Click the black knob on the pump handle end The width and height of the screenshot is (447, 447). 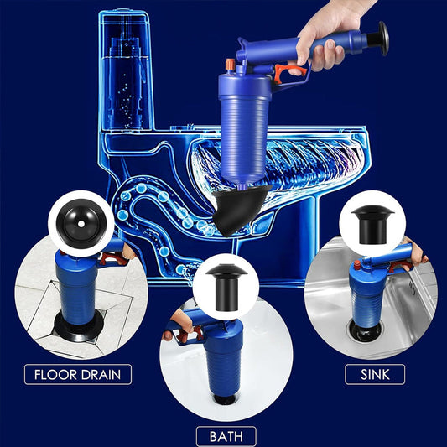pos(383,38)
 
